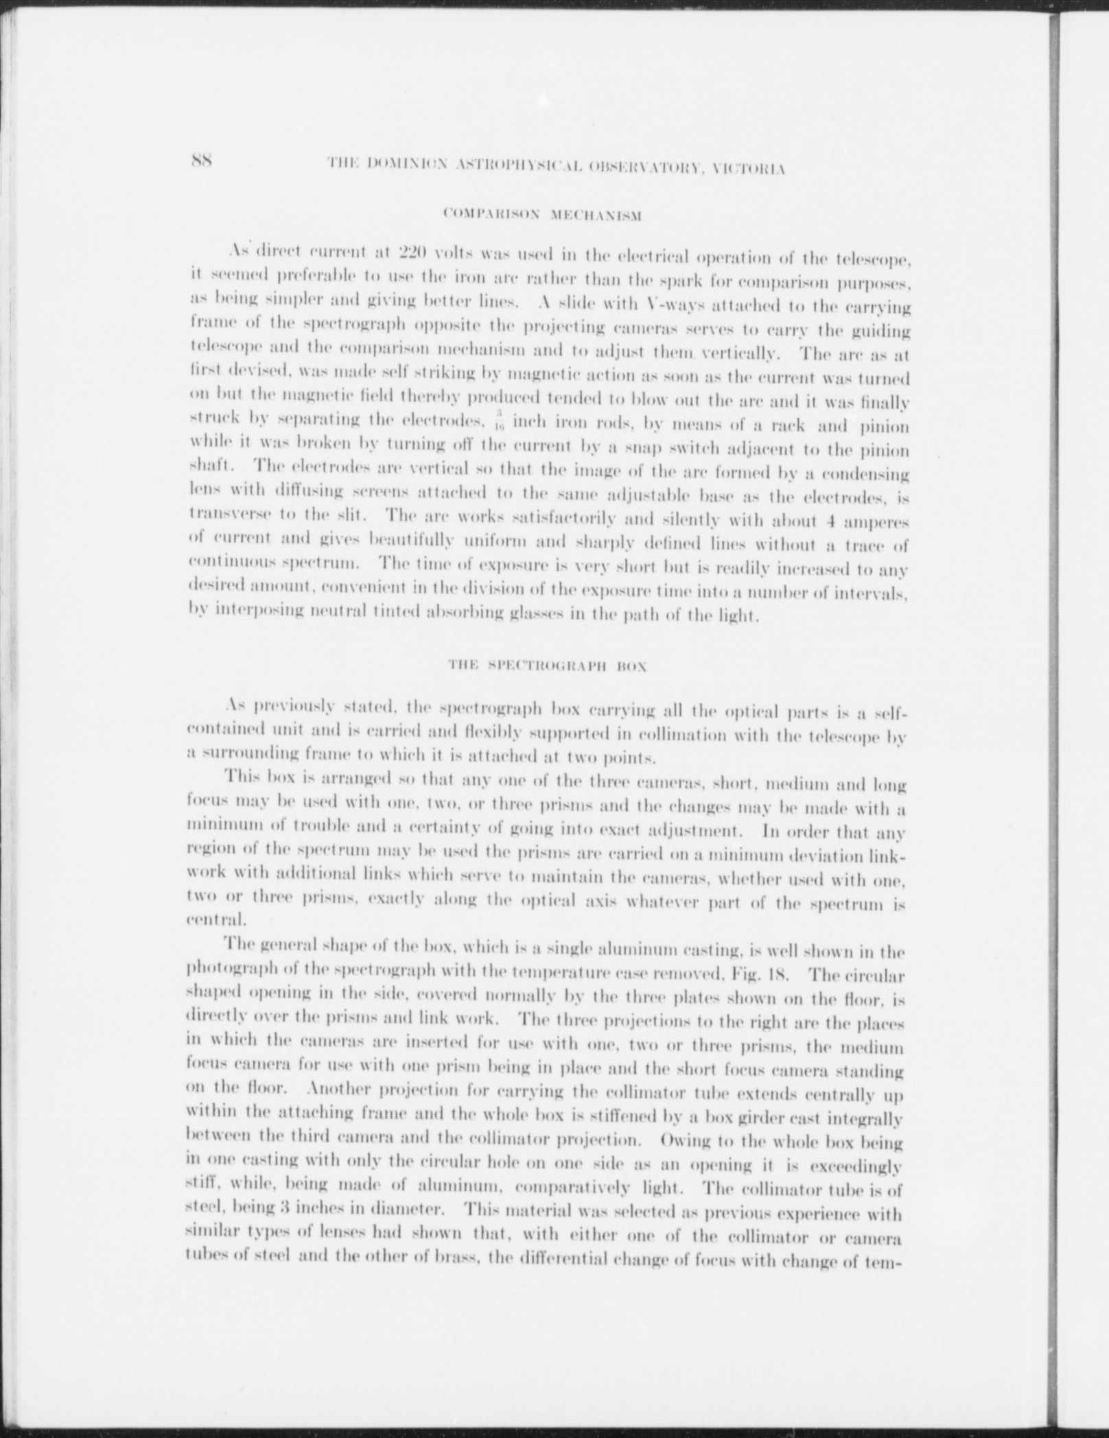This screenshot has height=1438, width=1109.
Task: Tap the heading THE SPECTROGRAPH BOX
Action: (547, 665)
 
